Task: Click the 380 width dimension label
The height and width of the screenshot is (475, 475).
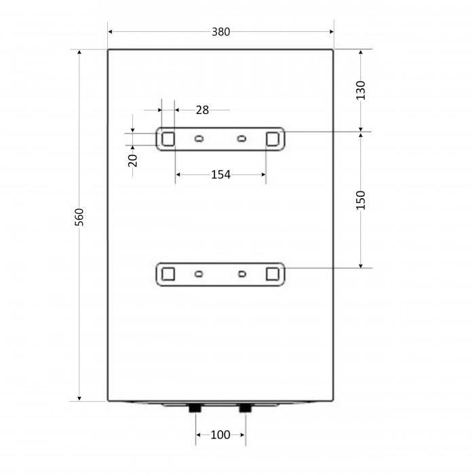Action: coord(221,31)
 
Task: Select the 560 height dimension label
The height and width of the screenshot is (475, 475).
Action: coord(79,217)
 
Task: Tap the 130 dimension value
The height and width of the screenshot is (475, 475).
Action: coord(360,90)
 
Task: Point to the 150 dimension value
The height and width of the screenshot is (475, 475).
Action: coord(360,200)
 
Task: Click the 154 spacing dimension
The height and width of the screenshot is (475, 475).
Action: coord(221,174)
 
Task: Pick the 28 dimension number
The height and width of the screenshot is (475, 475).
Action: coord(202,110)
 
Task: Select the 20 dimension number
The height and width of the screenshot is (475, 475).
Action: coord(133,161)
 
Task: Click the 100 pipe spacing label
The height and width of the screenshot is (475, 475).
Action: coord(221,435)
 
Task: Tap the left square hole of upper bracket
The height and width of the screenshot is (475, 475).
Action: coord(168,139)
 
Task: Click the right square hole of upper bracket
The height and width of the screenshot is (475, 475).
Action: coord(272,139)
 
